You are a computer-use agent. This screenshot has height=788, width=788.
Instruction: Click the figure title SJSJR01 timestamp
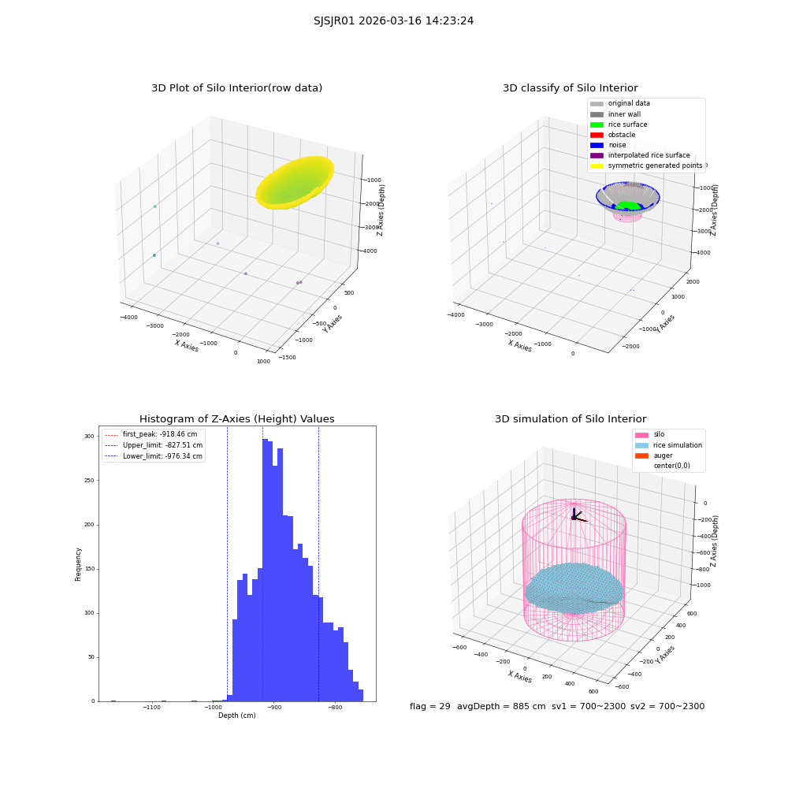[393, 21]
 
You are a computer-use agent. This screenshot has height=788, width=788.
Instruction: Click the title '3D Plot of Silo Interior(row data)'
[236, 88]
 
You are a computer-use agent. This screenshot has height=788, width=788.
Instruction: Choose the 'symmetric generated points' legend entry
[646, 165]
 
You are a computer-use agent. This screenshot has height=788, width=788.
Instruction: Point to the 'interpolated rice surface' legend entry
[640, 155]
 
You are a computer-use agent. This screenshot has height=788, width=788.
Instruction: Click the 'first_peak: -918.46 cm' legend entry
[151, 434]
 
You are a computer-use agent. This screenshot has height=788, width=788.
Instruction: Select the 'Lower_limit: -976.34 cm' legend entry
[154, 456]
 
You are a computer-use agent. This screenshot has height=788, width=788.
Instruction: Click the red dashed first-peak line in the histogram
[262, 563]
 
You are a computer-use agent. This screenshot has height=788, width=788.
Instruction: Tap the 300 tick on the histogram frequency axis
[89, 437]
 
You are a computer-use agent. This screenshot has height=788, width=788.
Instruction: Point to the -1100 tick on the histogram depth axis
[152, 708]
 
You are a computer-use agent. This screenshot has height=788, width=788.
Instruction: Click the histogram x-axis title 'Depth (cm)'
[236, 716]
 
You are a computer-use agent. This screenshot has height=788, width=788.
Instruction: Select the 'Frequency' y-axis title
[78, 564]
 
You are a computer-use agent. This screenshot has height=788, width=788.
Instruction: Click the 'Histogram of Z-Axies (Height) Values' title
[236, 419]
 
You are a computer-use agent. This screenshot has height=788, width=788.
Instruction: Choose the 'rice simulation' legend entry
[668, 445]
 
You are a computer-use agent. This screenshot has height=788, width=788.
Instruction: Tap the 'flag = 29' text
[429, 707]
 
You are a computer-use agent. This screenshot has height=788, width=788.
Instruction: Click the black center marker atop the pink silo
[574, 518]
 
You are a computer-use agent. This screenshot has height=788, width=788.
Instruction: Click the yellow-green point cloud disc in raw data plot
[295, 183]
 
